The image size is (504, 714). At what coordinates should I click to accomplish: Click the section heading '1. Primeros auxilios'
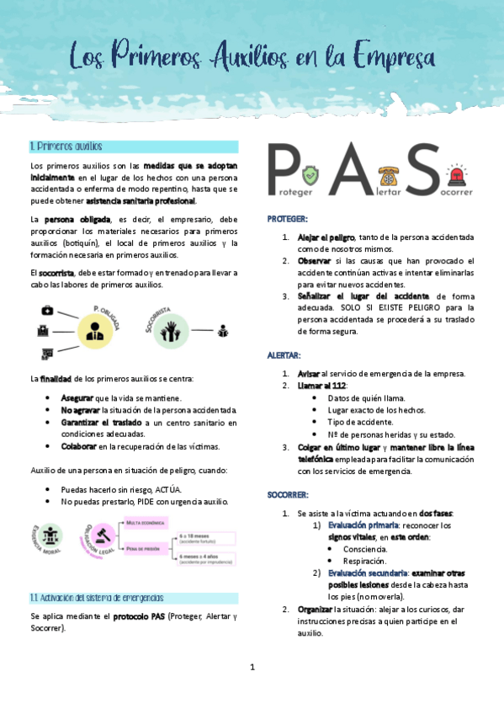66,146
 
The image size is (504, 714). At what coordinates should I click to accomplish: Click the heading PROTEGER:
288,219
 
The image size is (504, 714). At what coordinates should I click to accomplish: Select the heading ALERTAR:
285,355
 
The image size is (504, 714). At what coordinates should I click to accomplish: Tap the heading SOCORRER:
289,494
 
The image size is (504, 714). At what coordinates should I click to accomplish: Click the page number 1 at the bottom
252,667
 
